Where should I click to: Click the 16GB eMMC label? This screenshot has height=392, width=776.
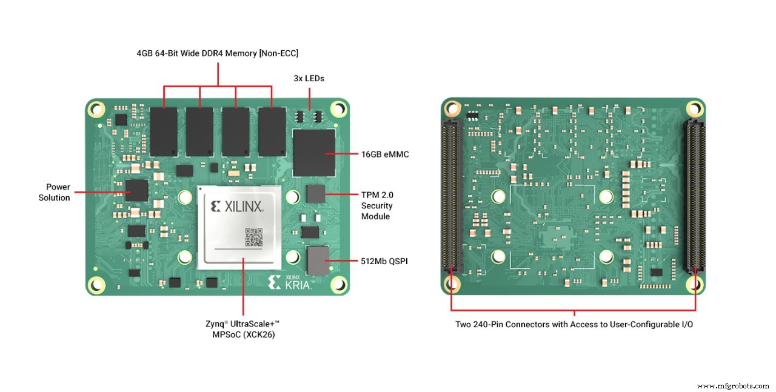[x=384, y=154]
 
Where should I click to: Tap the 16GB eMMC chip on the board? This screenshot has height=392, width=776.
[x=314, y=151]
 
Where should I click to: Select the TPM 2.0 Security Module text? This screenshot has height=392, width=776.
[x=376, y=205]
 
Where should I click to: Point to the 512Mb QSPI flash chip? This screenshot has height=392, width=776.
[x=317, y=261]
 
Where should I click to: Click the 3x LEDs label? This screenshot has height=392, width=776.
[x=309, y=78]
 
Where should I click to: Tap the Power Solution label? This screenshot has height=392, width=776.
[x=55, y=192]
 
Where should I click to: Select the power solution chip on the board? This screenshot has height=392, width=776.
[x=136, y=190]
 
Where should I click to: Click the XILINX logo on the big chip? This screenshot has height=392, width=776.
[x=236, y=207]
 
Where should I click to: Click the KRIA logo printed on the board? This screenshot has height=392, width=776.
[x=290, y=282]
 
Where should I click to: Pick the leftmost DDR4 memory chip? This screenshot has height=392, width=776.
[x=164, y=131]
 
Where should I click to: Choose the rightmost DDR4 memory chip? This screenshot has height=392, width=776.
[x=271, y=131]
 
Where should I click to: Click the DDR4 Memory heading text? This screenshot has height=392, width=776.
[x=217, y=53]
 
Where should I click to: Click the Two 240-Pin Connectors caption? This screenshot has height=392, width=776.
[x=574, y=324]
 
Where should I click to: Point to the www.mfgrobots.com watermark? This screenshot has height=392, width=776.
[x=733, y=385]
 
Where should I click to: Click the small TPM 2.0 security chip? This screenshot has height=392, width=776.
[x=315, y=194]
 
